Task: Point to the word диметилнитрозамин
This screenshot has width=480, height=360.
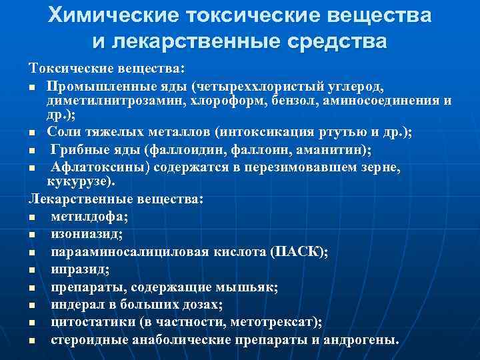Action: tap(115, 101)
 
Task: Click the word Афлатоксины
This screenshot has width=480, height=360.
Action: tap(101, 169)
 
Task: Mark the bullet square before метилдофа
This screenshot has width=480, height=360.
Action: tap(32, 217)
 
